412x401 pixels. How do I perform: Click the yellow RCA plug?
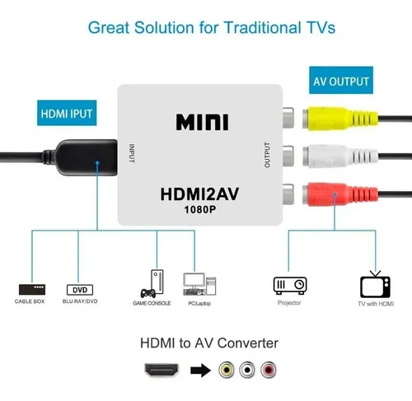click(340, 119)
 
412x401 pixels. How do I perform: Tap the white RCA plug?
click(340, 156)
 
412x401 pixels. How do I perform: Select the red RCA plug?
click(340, 194)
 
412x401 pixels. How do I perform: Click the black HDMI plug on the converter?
click(86, 157)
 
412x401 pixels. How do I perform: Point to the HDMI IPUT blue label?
click(67, 113)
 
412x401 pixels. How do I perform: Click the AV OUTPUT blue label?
click(341, 81)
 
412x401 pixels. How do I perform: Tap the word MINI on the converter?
click(202, 122)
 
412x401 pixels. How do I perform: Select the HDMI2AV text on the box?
click(199, 194)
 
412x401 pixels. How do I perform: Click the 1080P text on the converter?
click(200, 210)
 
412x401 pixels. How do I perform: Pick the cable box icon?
click(32, 290)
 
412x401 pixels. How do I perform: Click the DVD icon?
click(80, 290)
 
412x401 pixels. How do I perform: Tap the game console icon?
click(152, 284)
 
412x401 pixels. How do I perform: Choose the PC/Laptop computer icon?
click(199, 284)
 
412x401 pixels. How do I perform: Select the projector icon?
click(290, 286)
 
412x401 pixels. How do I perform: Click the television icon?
click(375, 285)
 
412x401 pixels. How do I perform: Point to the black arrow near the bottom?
click(201, 371)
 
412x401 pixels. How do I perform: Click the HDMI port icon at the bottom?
click(162, 370)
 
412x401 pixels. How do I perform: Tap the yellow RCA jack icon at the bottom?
click(227, 370)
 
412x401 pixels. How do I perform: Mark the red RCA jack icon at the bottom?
click(269, 370)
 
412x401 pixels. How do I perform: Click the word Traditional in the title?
click(262, 28)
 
